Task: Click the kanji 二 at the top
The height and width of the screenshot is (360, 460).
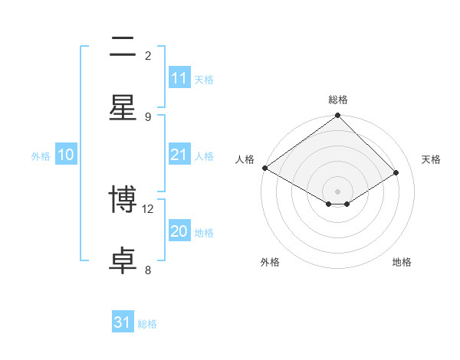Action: click(x=123, y=48)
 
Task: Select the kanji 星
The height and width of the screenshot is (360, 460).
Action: click(x=123, y=106)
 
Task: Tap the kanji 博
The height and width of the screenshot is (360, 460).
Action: click(x=123, y=201)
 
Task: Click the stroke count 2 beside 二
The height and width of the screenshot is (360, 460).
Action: click(x=148, y=56)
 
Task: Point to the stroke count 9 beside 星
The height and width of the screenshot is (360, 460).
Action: click(x=148, y=116)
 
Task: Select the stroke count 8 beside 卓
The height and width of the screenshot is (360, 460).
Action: click(x=148, y=270)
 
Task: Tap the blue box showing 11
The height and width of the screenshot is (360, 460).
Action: click(x=179, y=78)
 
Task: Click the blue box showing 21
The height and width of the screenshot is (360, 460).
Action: click(x=179, y=155)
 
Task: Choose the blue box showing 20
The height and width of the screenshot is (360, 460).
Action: click(x=179, y=231)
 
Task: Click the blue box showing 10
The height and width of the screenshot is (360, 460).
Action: click(x=66, y=155)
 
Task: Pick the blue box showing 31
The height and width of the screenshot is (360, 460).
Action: click(x=123, y=322)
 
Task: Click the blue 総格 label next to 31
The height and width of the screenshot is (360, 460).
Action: click(x=147, y=324)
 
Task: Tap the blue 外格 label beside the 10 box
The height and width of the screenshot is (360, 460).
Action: click(x=41, y=156)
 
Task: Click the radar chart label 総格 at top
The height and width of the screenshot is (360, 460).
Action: click(x=337, y=100)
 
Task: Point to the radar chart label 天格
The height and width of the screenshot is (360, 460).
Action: click(x=431, y=159)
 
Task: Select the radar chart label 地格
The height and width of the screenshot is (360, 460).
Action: click(x=402, y=262)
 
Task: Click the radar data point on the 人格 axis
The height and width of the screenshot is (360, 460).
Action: click(x=264, y=168)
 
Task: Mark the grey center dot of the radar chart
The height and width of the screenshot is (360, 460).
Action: click(x=337, y=191)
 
